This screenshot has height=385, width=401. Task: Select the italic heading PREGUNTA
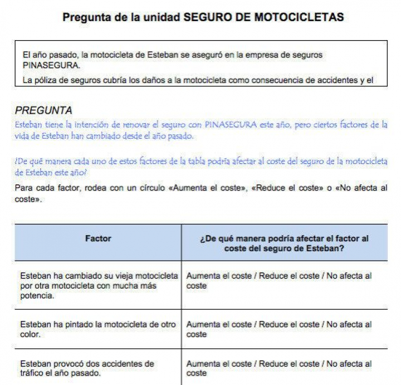pos(43,110)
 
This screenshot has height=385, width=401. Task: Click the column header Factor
pos(98,238)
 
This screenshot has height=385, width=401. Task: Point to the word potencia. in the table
pos(37,296)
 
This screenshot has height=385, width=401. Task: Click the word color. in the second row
pos(31,334)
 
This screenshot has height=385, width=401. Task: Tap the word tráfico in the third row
pos(32,373)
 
